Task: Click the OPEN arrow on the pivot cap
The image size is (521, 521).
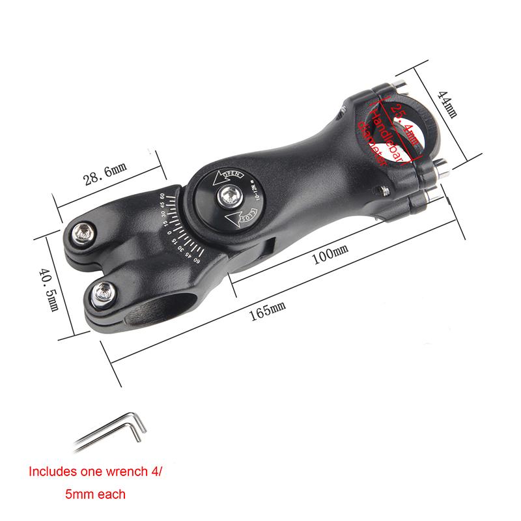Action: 231,175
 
